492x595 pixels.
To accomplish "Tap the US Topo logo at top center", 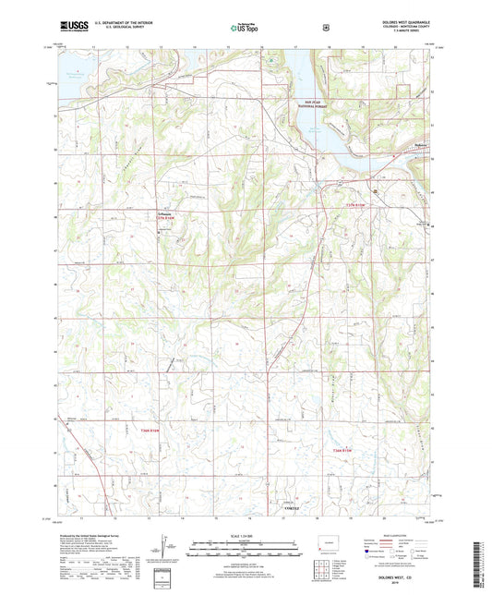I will coord(245,29).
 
